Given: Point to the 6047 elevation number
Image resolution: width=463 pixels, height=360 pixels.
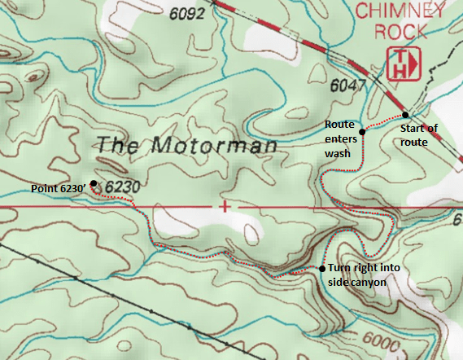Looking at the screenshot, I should [x=348, y=85].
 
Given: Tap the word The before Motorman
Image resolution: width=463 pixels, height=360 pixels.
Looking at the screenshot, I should [x=118, y=145].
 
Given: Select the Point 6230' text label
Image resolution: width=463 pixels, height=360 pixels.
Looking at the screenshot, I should [x=58, y=189].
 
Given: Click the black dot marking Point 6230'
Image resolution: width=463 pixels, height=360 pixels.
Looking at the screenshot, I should [x=94, y=183].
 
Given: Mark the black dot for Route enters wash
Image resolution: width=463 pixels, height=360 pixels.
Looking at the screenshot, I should [x=361, y=131].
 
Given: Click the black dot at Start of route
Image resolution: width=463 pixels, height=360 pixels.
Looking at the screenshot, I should [x=405, y=115].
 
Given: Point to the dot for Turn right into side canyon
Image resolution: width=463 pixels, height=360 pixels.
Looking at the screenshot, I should [x=321, y=268].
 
